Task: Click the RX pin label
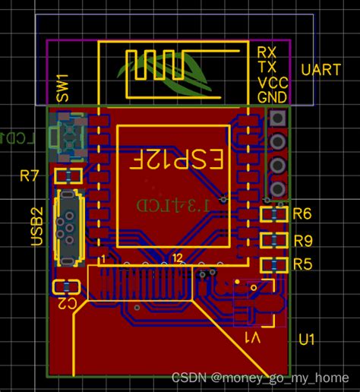tap(267, 52)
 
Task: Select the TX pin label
tap(266, 67)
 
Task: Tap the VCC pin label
tap(271, 82)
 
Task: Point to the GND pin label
tap(272, 97)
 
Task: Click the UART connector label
tap(320, 70)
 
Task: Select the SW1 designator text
tap(62, 90)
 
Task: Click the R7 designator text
tap(30, 177)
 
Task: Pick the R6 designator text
tap(302, 214)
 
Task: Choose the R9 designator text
tap(302, 241)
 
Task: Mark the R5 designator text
tap(302, 264)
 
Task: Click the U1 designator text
tap(307, 339)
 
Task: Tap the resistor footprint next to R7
tap(68, 177)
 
